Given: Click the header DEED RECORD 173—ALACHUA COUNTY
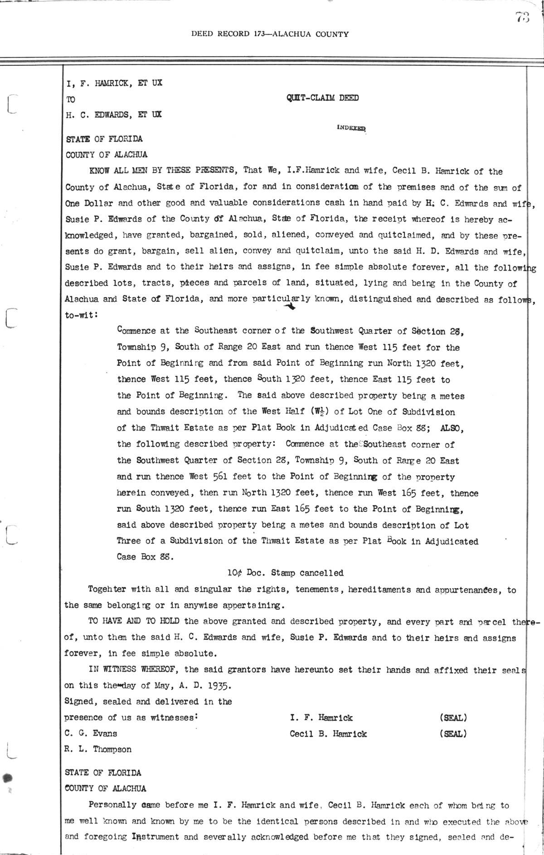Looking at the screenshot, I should pos(270,34).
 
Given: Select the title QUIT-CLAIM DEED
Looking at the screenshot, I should pos(322,98).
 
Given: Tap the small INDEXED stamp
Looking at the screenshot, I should pos(351,128).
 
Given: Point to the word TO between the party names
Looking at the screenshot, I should pos(71,99).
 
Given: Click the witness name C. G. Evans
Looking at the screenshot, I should pos(91,733).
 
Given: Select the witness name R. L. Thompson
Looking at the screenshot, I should pos(98,749).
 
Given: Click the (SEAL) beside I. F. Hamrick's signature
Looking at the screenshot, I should pos(453,717).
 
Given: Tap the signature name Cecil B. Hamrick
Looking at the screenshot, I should pos(328,734).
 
